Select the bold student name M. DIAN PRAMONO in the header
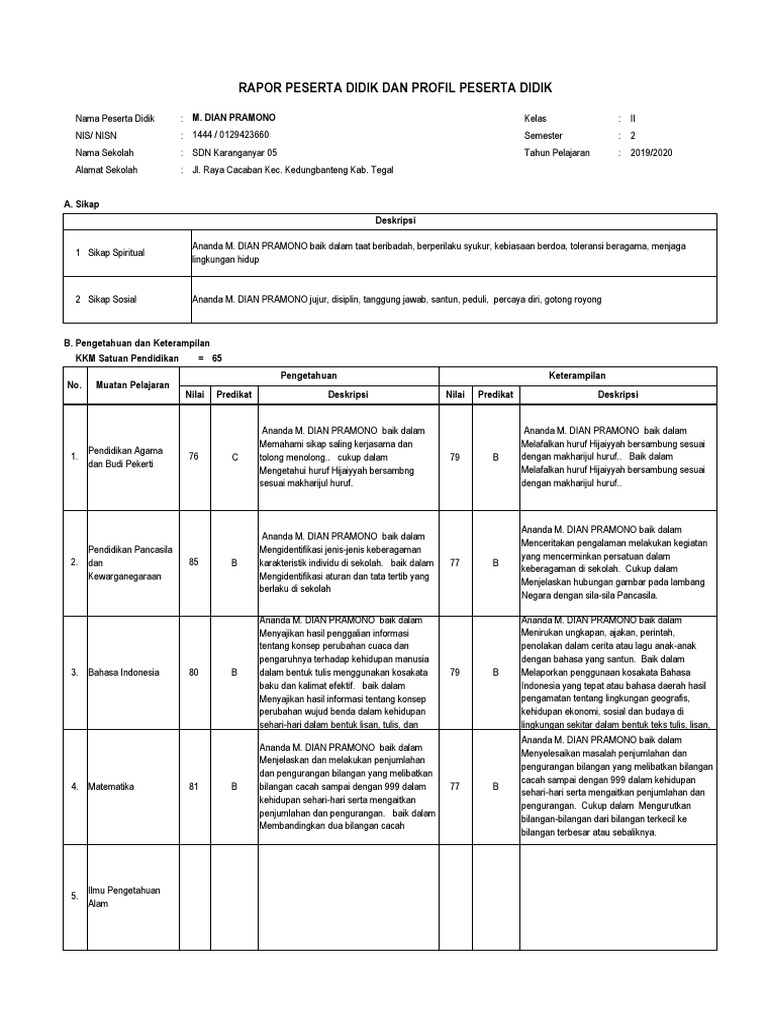[234, 117]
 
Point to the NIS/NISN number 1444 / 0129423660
[230, 135]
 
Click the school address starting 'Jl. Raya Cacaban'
[292, 171]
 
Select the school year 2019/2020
[652, 153]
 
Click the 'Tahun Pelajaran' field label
[557, 153]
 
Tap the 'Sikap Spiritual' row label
[116, 253]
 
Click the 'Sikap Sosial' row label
[112, 300]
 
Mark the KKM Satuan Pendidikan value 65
[217, 357]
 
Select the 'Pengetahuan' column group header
[309, 376]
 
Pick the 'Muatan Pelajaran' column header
[132, 385]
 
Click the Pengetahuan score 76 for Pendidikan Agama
[193, 457]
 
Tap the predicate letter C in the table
[234, 457]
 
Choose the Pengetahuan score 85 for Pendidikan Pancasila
[193, 562]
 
